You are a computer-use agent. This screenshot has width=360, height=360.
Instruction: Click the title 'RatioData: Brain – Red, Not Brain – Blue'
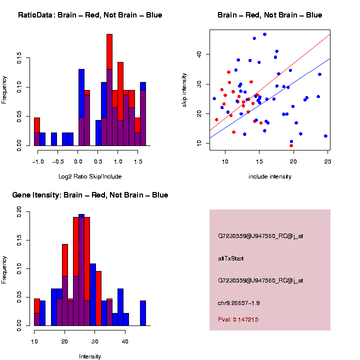point(90,15)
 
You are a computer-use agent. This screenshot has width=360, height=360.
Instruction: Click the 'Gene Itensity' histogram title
point(90,194)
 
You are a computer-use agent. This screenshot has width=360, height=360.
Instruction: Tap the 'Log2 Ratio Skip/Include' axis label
point(90,176)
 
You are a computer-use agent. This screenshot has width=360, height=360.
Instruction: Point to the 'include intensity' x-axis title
point(270,176)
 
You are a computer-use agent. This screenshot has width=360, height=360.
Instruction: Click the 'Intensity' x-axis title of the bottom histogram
point(90,356)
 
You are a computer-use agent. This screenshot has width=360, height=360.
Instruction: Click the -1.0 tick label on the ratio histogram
point(36,161)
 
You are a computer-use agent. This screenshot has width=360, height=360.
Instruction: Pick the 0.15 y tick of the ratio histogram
point(19,59)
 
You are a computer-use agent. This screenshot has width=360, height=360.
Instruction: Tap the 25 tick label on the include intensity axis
point(327,161)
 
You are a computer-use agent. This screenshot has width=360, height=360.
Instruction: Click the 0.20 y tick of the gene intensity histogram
point(19,212)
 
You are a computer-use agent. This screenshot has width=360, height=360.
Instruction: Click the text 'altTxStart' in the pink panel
point(231,258)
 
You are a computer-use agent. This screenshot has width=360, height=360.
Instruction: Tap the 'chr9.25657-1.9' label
point(239,302)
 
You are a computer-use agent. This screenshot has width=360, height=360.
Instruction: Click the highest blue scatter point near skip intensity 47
point(264,34)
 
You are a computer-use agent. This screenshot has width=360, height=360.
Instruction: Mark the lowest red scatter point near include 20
point(291,145)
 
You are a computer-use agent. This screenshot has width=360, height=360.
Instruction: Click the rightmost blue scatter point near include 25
point(325,136)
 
